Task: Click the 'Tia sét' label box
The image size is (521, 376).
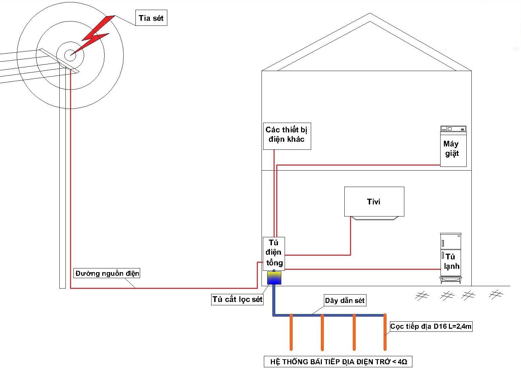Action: click(151, 18)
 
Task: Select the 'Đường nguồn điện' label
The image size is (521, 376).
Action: click(107, 273)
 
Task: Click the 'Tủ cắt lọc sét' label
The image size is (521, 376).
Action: click(237, 299)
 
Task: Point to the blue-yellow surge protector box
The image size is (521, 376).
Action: click(274, 278)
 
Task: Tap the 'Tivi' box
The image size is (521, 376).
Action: click(374, 201)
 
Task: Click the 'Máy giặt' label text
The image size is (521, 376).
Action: click(451, 148)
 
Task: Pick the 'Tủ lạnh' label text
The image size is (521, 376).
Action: click(451, 261)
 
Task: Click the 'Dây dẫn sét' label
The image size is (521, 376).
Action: click(345, 300)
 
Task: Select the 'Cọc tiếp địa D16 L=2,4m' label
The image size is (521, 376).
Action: click(431, 326)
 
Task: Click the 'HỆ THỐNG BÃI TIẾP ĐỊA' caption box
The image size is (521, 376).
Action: click(338, 362)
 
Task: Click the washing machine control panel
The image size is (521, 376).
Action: click(453, 129)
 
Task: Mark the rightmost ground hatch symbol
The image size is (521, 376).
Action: click(496, 294)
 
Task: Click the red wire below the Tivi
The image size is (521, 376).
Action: click(351, 236)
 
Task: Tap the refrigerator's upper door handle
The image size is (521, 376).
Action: click(443, 243)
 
